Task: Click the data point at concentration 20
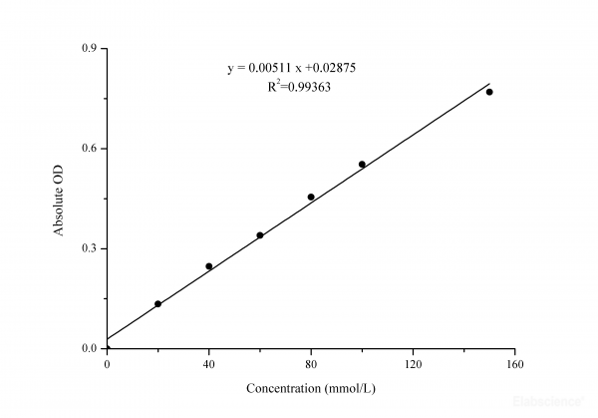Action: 157,303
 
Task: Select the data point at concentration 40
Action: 208,266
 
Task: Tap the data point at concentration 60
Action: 260,235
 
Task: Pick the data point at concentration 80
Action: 311,198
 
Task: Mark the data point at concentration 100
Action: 362,165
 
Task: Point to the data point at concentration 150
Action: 489,92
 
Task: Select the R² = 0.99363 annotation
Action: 299,87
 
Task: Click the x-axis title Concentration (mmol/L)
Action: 310,385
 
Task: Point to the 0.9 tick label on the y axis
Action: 90,48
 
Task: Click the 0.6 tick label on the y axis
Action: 90,149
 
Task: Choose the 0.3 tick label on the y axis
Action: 90,248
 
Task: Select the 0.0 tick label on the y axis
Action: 90,348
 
